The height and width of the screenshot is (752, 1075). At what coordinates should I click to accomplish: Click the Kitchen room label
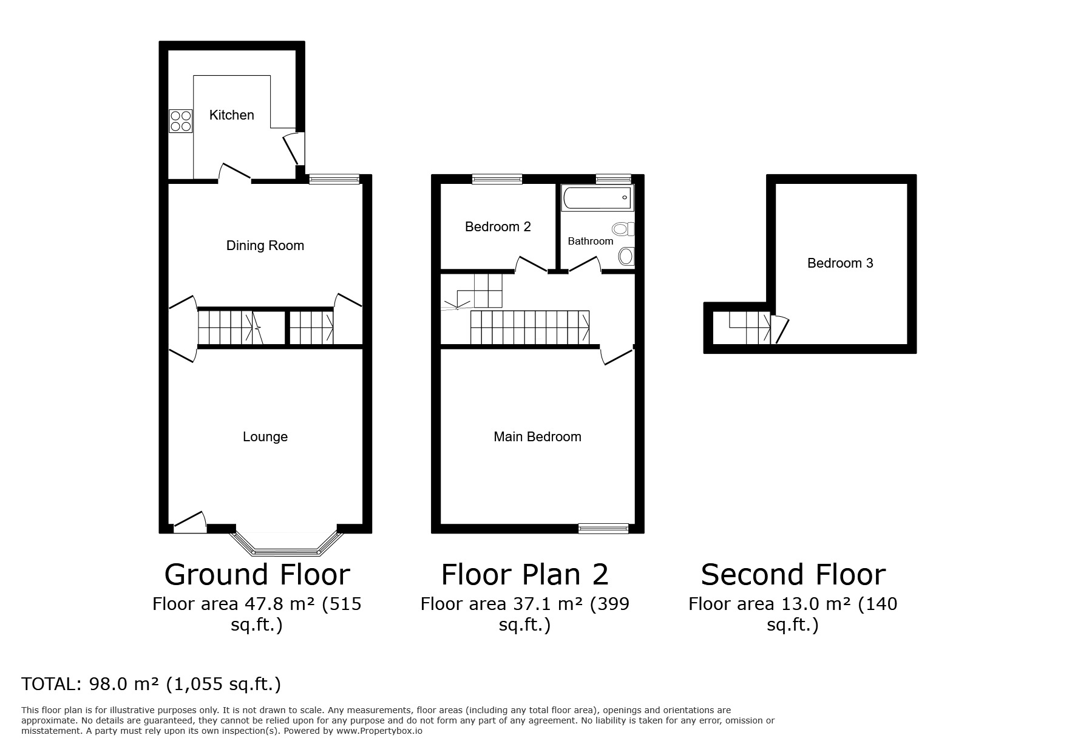click(x=231, y=115)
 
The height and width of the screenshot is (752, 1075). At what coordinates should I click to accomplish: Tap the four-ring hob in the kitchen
click(x=181, y=121)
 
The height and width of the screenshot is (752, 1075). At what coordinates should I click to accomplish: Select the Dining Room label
click(x=265, y=245)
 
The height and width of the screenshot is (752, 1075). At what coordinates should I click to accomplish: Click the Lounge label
click(x=265, y=437)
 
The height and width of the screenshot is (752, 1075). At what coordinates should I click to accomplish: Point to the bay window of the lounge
click(x=286, y=544)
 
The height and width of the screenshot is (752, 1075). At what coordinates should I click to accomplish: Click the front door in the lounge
click(x=191, y=523)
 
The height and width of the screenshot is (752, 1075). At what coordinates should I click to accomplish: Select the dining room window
click(x=334, y=179)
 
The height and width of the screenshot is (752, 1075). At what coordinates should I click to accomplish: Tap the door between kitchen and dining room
click(x=235, y=172)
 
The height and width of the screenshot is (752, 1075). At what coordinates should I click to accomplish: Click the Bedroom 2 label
click(x=498, y=227)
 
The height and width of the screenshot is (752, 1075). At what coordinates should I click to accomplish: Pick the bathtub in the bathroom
click(x=597, y=198)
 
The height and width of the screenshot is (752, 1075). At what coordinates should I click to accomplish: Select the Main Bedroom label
click(x=537, y=437)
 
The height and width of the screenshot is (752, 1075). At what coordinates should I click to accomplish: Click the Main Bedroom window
click(x=603, y=529)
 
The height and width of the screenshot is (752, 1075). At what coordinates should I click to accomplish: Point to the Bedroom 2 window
click(x=497, y=179)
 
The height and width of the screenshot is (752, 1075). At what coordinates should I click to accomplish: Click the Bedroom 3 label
click(x=840, y=263)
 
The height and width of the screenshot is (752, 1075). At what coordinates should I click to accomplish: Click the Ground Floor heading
click(x=257, y=574)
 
